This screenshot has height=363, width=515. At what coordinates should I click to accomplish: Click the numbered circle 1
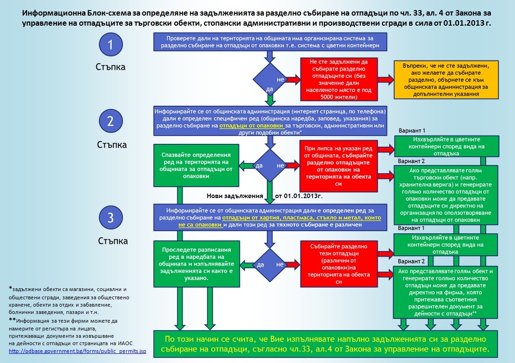(111, 44)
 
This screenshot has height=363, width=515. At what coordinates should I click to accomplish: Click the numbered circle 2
(111, 121)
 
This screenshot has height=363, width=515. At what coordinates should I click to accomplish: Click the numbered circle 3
(111, 217)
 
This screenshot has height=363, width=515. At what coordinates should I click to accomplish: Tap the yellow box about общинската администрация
(446, 80)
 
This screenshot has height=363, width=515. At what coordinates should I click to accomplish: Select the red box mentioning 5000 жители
(338, 79)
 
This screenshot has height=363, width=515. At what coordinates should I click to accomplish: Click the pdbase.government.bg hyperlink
(78, 351)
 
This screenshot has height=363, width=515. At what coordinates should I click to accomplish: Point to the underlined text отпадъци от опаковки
(251, 126)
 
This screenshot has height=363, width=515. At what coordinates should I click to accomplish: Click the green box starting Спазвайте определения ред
(196, 165)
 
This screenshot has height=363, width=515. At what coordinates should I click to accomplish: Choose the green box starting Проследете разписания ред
(197, 264)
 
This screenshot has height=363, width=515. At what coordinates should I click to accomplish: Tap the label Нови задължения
(235, 196)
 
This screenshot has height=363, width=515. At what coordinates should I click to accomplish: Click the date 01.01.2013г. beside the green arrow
(299, 196)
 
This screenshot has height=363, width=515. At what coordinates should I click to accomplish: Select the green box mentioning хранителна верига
(446, 195)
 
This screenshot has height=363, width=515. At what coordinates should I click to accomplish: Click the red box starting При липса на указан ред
(338, 166)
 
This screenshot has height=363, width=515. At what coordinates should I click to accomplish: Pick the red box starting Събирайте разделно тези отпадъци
(338, 264)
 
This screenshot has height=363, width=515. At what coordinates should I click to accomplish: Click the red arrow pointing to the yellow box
(386, 79)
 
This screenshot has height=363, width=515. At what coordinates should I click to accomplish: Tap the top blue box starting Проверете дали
(270, 42)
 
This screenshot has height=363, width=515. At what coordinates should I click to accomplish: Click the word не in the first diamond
(280, 79)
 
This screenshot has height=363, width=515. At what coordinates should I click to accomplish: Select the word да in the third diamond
(260, 264)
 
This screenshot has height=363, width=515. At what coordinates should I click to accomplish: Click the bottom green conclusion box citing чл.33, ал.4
(326, 344)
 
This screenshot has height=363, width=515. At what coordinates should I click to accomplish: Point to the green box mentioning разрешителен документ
(445, 292)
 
